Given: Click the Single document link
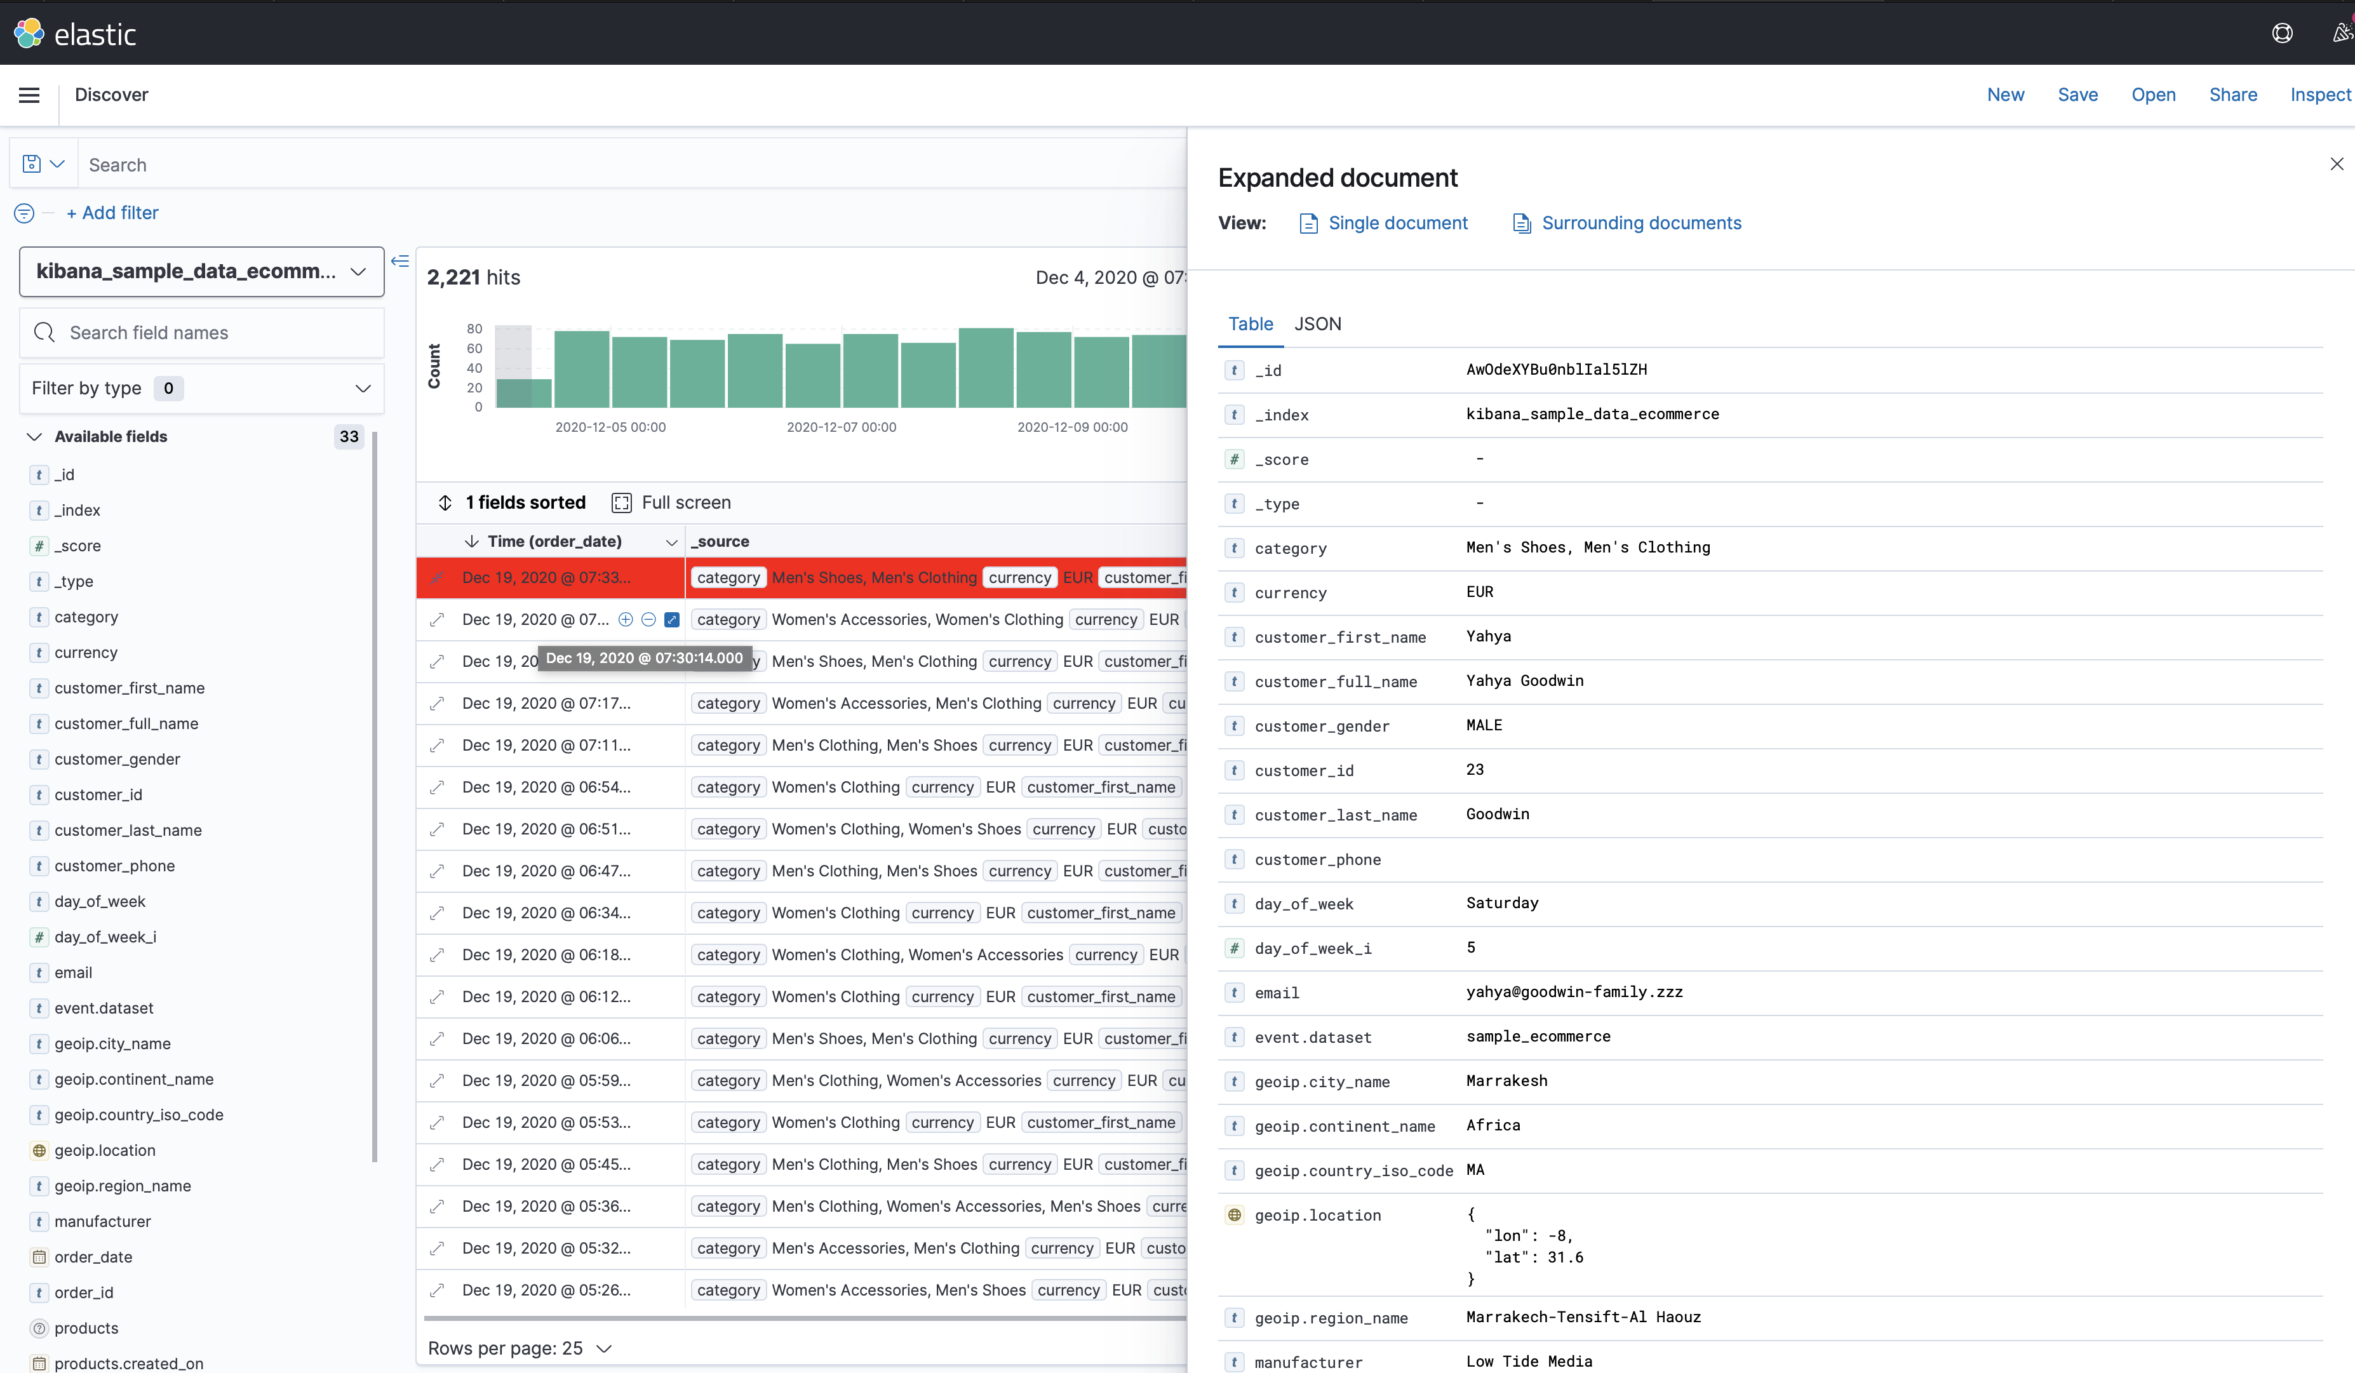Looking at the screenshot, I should tap(1397, 224).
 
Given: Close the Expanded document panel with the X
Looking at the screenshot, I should tap(2337, 164).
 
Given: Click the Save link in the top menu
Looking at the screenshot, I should tap(2077, 95).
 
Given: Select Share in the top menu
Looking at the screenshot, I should tap(2232, 95).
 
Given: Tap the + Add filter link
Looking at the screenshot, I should tap(112, 213).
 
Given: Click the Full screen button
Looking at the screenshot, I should tap(672, 503).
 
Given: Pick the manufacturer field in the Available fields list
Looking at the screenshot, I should tap(102, 1222).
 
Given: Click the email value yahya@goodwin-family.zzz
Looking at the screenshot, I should tap(1574, 993).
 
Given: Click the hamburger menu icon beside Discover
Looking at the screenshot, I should tap(29, 95).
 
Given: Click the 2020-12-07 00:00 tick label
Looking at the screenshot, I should tap(841, 428).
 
